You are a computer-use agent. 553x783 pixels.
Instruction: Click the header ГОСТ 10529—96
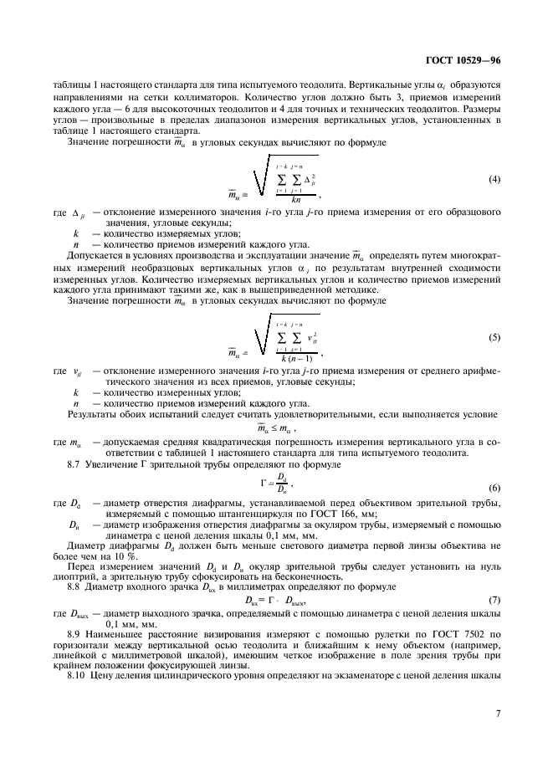464,61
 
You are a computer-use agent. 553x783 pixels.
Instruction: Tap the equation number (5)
494,338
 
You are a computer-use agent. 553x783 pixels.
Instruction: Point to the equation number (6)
494,487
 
